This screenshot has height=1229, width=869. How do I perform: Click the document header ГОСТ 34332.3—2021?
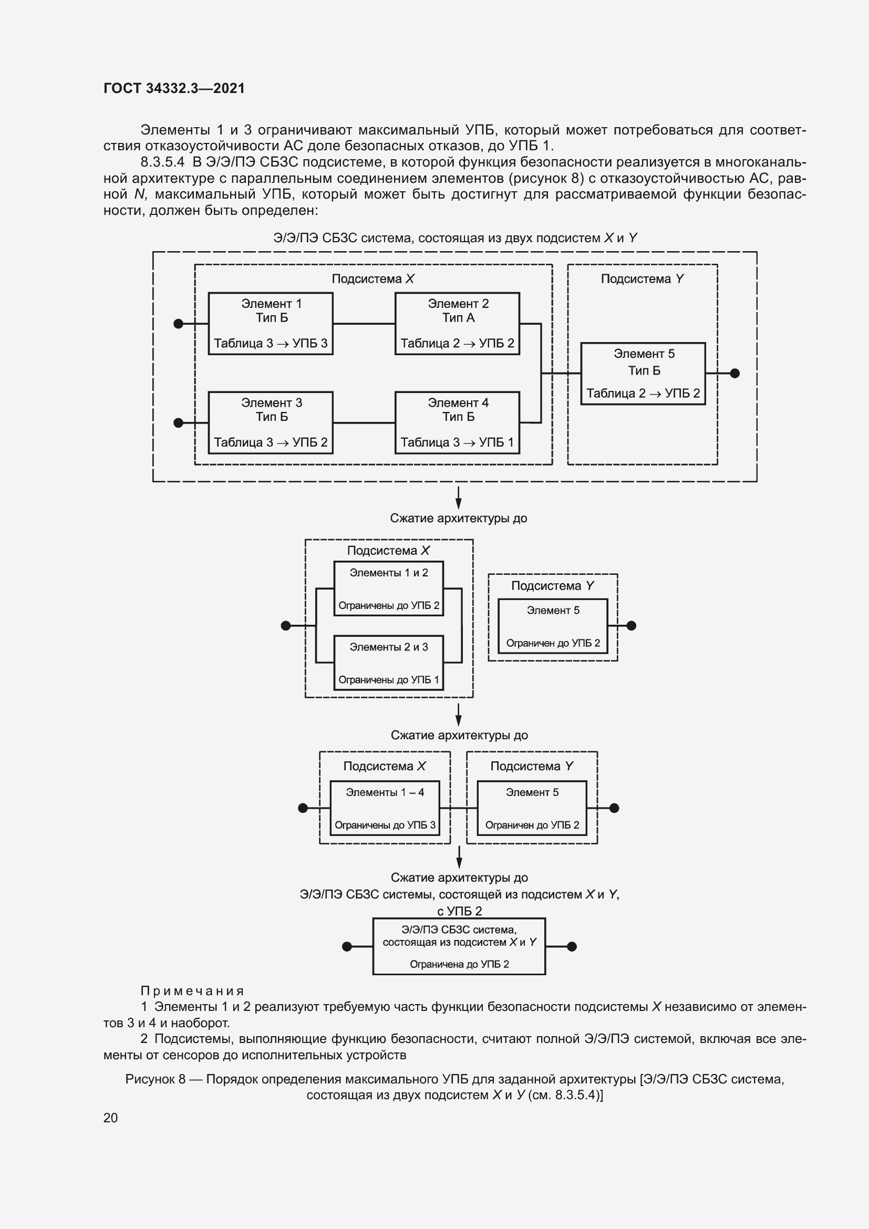pos(174,88)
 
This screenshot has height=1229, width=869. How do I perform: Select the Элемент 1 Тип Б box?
pos(270,323)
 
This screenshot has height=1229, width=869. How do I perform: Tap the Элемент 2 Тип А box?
pos(457,323)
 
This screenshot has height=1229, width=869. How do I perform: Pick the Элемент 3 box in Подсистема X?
pos(270,422)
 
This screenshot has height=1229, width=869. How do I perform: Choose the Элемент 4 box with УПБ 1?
pos(457,422)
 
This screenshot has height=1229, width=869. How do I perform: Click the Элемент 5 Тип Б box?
pos(643,373)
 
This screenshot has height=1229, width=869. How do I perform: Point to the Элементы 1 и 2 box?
pos(388,588)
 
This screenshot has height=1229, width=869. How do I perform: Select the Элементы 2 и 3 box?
pos(388,662)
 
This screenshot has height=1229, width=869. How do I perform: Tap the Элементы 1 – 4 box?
pos(385,808)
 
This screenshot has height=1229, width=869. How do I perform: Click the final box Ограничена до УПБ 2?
pos(459,946)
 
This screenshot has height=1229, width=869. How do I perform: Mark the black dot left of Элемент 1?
pos(179,323)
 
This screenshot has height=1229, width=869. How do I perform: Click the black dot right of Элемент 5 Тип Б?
pos(734,373)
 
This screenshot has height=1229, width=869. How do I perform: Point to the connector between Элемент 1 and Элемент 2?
pos(364,323)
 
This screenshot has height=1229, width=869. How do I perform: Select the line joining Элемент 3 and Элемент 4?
pos(364,422)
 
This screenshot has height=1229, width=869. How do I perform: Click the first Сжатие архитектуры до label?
pos(458,518)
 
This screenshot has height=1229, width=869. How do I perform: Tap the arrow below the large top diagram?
pos(458,497)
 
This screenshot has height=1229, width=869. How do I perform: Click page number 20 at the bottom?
pos(110,1118)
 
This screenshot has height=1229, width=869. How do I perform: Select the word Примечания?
pos(192,991)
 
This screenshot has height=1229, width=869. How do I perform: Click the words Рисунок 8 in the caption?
pos(155,1079)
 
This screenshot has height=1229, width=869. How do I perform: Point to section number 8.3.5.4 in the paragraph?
pos(162,162)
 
